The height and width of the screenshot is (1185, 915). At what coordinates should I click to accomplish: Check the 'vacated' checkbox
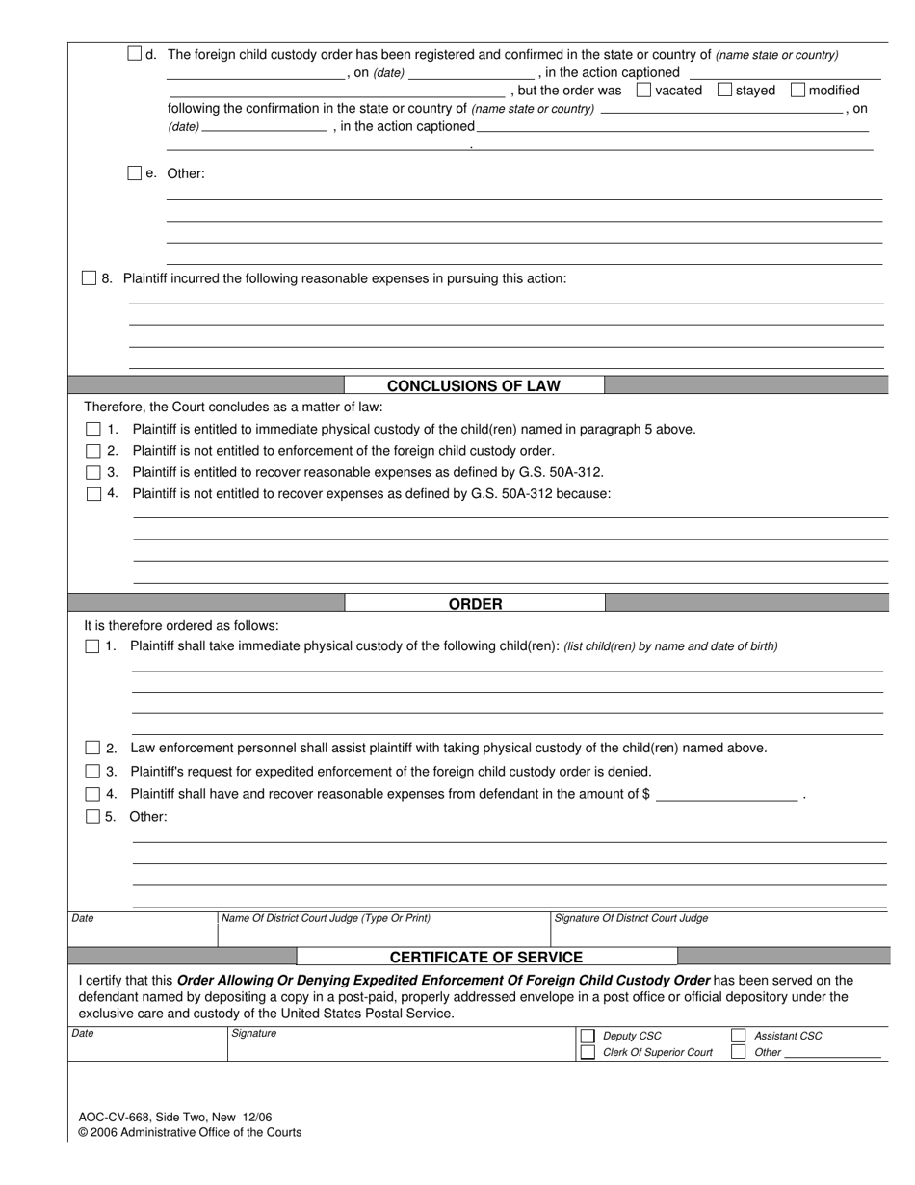coord(644,91)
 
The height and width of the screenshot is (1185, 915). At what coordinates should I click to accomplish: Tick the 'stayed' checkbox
coord(724,91)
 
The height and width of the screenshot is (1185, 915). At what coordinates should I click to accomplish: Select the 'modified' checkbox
coord(797,91)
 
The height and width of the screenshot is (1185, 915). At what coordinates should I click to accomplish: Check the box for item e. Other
coord(135,173)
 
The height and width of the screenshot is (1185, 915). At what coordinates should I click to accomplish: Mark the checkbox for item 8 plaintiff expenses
coord(90,278)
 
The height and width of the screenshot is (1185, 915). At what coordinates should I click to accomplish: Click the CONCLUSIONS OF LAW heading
coord(473,385)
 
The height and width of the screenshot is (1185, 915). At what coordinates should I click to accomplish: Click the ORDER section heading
coord(475,604)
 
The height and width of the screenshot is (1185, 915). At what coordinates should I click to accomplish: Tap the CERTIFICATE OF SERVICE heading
coord(485,957)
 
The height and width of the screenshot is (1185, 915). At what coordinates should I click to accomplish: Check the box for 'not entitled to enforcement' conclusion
coord(93,451)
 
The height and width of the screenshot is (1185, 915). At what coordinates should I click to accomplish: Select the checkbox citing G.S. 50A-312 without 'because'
coord(93,472)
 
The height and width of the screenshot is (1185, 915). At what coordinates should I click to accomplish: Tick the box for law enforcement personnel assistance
coord(92,748)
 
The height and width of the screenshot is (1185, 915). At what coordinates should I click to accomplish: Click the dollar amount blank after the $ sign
coord(726,795)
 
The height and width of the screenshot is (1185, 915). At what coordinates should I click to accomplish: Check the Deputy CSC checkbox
coord(588,1036)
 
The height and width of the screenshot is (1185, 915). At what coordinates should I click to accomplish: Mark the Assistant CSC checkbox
coord(739,1036)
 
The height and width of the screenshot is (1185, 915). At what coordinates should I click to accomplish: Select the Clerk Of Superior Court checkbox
coord(588,1052)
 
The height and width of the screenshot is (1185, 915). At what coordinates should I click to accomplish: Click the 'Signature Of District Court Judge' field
coord(719,931)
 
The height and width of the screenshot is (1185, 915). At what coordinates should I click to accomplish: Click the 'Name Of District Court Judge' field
coord(383,931)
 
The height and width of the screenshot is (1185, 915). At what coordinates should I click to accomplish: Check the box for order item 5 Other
coord(92,817)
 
